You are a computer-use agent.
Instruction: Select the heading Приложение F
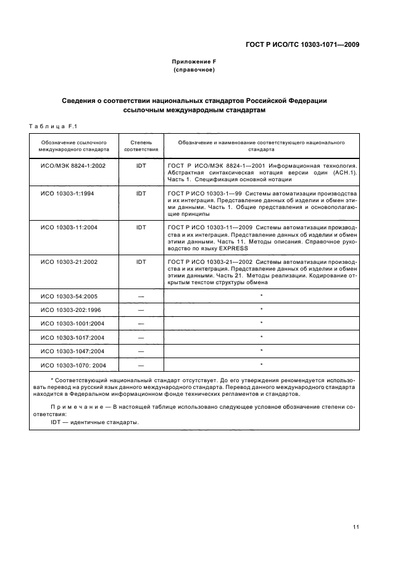coord(194,62)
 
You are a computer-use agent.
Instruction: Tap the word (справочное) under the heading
coord(194,70)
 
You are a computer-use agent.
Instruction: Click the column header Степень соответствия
coord(141,145)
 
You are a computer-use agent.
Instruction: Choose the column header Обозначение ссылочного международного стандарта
coord(73,145)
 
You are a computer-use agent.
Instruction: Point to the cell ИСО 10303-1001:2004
coord(73,324)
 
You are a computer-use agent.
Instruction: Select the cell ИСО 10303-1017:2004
coord(73,338)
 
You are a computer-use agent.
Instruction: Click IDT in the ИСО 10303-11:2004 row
coord(141,227)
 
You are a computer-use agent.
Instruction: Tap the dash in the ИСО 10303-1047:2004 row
coord(141,351)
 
